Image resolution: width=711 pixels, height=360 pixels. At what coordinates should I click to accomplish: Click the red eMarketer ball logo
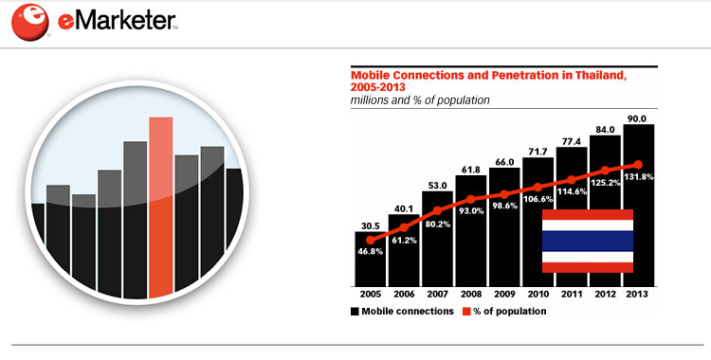30,22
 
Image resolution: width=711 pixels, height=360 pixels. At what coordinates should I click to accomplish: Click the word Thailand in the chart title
601,75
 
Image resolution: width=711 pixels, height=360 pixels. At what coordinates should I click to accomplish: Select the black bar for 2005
370,259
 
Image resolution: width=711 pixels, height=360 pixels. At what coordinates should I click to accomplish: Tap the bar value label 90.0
638,118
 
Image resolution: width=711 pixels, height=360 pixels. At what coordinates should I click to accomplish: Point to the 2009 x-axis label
504,295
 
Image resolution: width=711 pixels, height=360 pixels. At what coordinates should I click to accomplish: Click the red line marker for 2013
638,165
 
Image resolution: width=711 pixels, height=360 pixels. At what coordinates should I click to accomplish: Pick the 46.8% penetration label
370,251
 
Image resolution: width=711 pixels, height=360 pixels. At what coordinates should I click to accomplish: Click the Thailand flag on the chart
588,241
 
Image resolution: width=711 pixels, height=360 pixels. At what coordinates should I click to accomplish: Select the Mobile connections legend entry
402,312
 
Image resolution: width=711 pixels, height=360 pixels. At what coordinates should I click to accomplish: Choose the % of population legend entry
504,312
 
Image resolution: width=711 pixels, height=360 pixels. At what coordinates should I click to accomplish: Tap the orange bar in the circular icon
160,207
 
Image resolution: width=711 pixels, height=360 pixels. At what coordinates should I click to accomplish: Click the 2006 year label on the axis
404,295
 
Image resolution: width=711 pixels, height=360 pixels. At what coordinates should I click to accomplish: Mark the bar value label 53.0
437,186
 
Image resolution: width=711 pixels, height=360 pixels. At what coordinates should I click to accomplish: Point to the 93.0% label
470,210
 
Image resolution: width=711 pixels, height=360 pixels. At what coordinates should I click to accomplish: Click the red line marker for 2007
437,211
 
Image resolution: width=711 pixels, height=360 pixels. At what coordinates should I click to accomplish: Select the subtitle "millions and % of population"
420,100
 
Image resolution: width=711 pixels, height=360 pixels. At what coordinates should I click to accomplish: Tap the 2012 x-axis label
605,295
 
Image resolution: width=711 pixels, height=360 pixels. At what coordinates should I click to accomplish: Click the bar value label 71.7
538,152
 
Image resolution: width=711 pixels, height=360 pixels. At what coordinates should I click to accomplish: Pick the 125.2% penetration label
605,184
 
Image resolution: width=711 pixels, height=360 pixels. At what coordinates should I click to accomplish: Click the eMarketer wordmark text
118,21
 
